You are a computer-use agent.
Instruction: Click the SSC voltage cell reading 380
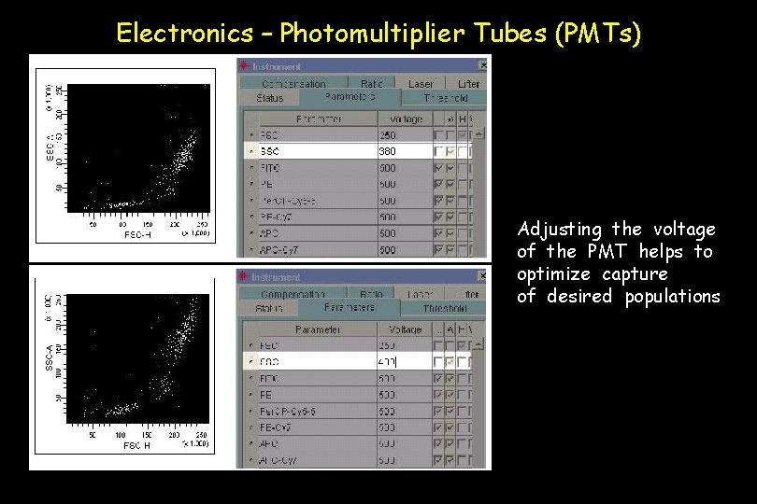[x=388, y=151]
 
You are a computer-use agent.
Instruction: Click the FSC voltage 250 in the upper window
[x=388, y=135]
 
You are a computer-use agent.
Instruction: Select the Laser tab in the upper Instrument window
[x=421, y=84]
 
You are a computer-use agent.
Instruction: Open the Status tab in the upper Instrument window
[x=269, y=98]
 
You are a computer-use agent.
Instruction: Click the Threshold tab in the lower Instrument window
[x=444, y=309]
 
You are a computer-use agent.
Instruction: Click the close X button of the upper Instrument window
[x=482, y=65]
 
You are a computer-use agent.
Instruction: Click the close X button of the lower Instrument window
[x=482, y=276]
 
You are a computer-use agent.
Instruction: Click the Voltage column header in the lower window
[x=405, y=329]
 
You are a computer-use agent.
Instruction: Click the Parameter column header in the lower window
[x=317, y=329]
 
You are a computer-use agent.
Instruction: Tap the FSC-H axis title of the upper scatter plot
[x=138, y=234]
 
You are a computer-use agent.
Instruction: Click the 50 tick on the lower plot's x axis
[x=93, y=435]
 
